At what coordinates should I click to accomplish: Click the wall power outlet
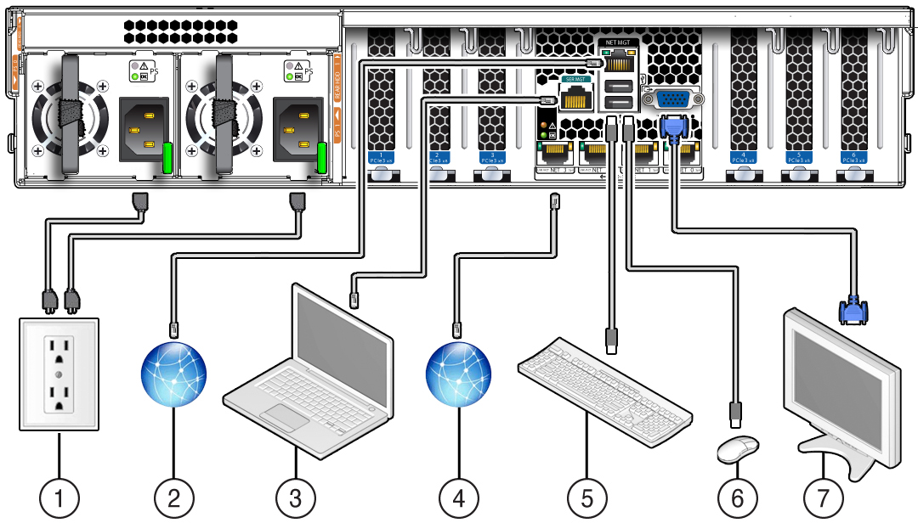point(59,374)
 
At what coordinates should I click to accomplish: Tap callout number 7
point(824,496)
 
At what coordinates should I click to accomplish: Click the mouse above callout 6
point(738,449)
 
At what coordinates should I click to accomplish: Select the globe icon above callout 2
point(174,374)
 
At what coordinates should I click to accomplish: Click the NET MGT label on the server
point(616,42)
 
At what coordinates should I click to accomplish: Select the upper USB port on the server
point(616,85)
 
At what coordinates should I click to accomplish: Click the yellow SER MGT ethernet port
point(577,98)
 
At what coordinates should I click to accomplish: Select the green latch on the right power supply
point(321,158)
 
